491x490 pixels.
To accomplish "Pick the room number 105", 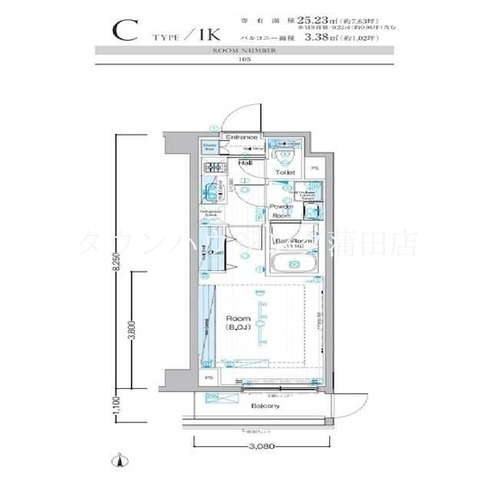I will pyautogui.click(x=245, y=59).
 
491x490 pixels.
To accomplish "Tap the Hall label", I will pyautogui.click(x=246, y=163).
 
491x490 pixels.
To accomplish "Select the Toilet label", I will pyautogui.click(x=285, y=173).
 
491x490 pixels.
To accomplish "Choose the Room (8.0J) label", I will pyautogui.click(x=239, y=322).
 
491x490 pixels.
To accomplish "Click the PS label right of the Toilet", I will pyautogui.click(x=315, y=169).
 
